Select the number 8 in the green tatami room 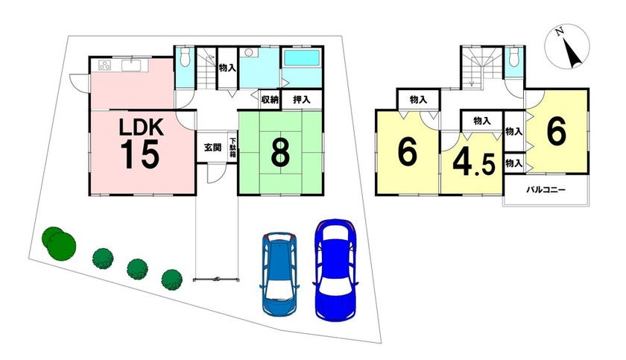[279, 153]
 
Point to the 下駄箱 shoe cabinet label [233, 146]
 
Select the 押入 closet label [301, 99]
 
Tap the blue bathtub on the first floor [301, 59]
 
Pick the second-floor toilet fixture [513, 57]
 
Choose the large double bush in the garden [58, 241]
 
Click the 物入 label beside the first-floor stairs [227, 68]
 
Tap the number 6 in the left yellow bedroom [406, 151]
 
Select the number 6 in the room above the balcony [555, 132]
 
